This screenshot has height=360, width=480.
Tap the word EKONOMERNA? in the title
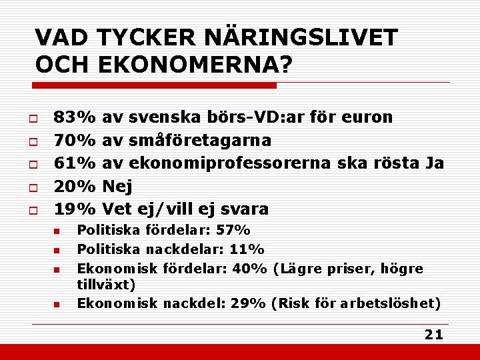pos(195,65)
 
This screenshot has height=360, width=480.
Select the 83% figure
pos(75,117)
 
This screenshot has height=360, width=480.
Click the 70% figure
pos(75,140)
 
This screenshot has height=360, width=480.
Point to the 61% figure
pos(75,163)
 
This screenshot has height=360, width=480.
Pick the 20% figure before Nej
pos(75,186)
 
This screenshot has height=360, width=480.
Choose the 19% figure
pos(75,209)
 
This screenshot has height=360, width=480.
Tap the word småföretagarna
pos(199,140)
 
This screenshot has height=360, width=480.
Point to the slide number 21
pos(434,335)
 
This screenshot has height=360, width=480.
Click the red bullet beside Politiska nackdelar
pos(57,250)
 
